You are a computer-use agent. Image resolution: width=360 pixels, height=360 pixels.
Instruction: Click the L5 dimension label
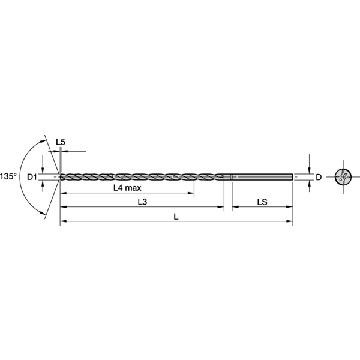(x=60, y=142)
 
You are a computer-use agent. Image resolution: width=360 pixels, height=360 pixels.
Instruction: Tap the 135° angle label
(x=8, y=176)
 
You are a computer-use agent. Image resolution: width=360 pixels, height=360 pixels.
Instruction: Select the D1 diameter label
(x=32, y=176)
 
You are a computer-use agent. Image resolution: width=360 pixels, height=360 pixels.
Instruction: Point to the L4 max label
(x=127, y=187)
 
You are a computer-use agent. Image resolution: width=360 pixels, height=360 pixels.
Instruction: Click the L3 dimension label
(x=142, y=202)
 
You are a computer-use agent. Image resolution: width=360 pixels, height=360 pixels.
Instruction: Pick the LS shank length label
(x=262, y=202)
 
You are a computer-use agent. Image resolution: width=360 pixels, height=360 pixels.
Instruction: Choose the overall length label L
(x=176, y=217)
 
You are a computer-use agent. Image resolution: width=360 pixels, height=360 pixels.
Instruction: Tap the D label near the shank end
(x=319, y=177)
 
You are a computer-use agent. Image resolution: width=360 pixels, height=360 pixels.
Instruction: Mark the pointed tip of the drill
(x=61, y=176)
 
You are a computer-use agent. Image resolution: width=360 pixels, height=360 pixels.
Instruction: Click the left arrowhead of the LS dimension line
(x=235, y=207)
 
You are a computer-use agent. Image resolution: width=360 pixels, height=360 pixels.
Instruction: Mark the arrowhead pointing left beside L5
(x=65, y=151)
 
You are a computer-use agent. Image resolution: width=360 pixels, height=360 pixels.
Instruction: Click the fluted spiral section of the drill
(x=144, y=176)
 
